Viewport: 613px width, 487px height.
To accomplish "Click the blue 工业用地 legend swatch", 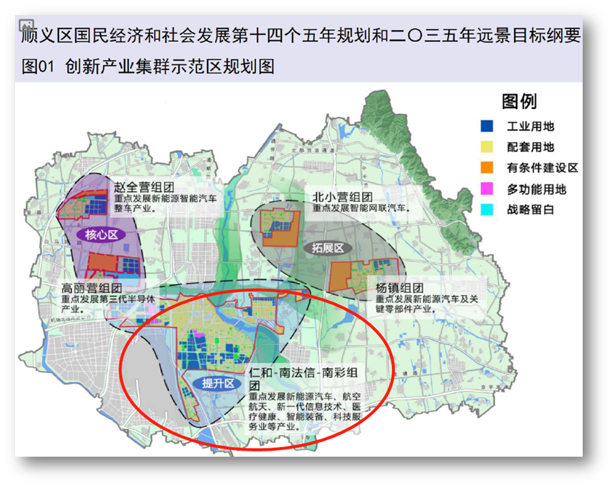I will pyautogui.click(x=488, y=126).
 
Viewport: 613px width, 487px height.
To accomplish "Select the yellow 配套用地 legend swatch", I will pyautogui.click(x=488, y=147).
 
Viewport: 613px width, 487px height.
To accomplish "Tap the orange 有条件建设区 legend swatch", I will pyautogui.click(x=488, y=168).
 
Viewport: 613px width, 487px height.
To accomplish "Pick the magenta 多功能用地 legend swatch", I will pyautogui.click(x=488, y=190).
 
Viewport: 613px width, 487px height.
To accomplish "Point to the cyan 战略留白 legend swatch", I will pyautogui.click(x=488, y=211).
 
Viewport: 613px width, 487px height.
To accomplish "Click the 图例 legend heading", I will pyautogui.click(x=519, y=102).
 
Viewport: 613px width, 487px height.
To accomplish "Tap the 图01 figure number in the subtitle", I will pyautogui.click(x=38, y=67).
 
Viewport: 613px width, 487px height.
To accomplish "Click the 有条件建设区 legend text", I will pyautogui.click(x=542, y=168).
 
